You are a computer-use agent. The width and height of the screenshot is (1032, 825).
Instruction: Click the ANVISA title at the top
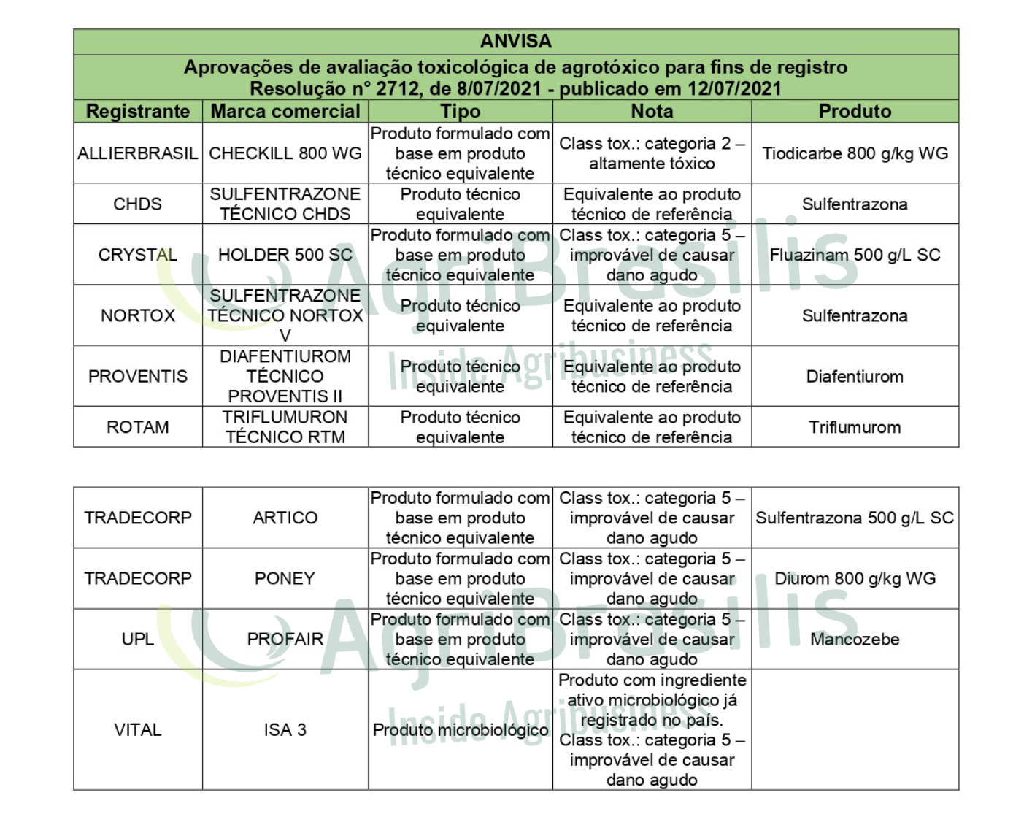pos(515,42)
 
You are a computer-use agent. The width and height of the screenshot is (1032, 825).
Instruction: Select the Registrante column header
pos(138,111)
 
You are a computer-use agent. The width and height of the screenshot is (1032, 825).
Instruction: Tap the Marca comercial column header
pos(285,111)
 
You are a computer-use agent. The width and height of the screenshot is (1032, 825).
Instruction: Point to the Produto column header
pos(855,111)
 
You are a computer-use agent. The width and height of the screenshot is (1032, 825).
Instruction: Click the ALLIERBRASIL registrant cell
pos(138,153)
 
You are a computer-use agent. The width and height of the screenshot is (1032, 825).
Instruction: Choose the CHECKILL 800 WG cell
pos(285,153)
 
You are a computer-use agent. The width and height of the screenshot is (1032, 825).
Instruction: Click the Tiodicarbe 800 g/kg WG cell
pos(855,153)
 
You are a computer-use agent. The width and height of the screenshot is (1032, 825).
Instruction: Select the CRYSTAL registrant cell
pos(138,255)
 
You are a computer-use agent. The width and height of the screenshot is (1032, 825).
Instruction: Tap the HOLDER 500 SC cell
pos(285,255)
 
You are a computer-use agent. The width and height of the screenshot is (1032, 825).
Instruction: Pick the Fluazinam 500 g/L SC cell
pos(855,255)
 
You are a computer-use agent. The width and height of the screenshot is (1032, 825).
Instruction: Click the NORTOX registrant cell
pos(138,315)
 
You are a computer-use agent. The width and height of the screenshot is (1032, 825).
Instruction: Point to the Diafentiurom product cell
pos(855,377)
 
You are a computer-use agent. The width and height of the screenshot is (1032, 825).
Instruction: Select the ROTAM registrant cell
pos(138,427)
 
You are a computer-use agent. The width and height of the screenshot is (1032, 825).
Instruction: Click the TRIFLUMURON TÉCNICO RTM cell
pos(285,427)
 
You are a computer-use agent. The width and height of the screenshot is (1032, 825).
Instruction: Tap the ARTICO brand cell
pos(285,518)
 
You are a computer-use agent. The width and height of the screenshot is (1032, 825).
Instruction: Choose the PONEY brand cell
pos(285,578)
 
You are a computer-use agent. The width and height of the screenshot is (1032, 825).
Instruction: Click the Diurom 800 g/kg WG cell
pos(855,578)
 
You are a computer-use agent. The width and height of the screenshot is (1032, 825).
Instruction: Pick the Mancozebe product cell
pos(855,639)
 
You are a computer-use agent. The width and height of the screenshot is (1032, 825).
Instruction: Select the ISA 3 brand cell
pos(285,729)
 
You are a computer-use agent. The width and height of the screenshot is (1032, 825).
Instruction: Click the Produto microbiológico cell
pos(461,729)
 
